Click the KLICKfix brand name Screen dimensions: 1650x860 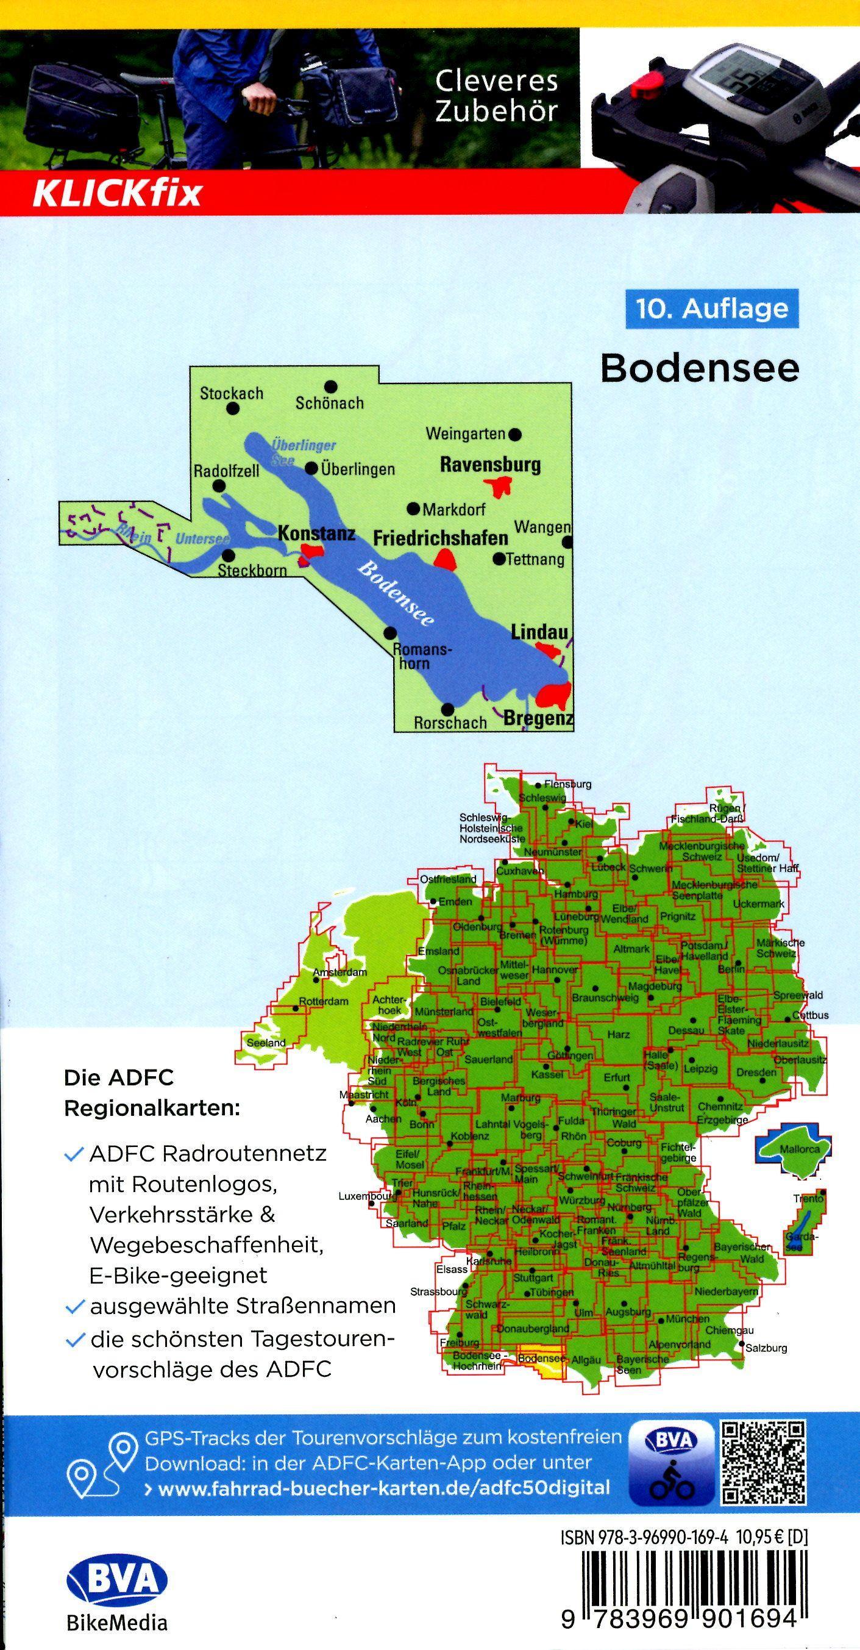coord(117,193)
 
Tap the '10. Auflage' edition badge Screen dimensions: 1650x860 coord(711,309)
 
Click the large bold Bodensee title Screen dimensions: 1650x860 coord(700,368)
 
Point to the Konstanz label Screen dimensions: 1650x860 coord(316,533)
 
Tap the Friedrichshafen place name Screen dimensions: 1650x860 coord(441,538)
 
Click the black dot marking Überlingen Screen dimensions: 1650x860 coord(311,469)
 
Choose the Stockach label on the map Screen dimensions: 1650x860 coord(231,393)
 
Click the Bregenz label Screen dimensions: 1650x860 coord(538,719)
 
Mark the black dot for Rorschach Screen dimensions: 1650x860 coord(448,709)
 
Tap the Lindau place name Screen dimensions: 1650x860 coord(539,632)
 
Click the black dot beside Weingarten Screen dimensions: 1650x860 coord(516,434)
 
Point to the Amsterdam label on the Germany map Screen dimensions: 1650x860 coord(340,973)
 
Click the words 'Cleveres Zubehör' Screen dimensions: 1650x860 coord(496,96)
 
